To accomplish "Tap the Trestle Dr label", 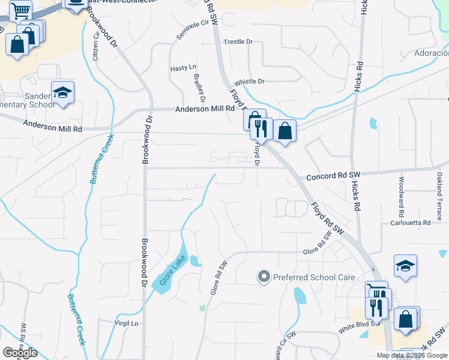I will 238,42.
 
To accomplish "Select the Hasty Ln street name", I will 183,68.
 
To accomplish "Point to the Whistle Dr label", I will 249,82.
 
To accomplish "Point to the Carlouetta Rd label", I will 411,223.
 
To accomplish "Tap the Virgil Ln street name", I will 126,323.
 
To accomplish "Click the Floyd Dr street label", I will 257,152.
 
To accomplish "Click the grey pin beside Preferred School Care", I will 264,277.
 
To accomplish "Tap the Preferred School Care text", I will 314,278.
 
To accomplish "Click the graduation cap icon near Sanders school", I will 62,92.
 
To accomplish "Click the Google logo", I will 20,352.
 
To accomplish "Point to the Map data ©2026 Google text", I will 411,355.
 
